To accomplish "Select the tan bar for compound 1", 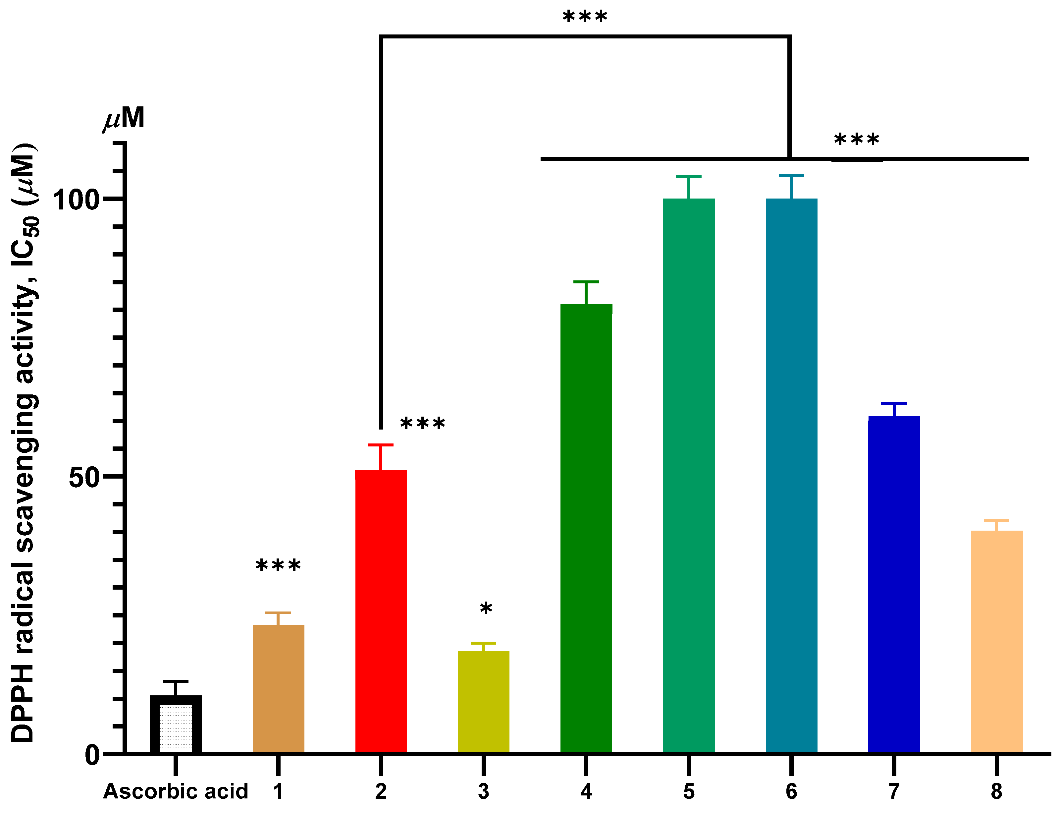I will click(278, 689).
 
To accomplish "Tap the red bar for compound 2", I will click(381, 611).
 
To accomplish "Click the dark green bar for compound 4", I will click(586, 529).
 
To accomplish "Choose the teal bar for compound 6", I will click(791, 475).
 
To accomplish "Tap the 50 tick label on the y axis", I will click(84, 477).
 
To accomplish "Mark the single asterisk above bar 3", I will click(486, 609).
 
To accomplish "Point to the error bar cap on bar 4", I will click(586, 282).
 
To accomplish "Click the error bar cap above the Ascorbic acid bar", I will click(176, 681).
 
